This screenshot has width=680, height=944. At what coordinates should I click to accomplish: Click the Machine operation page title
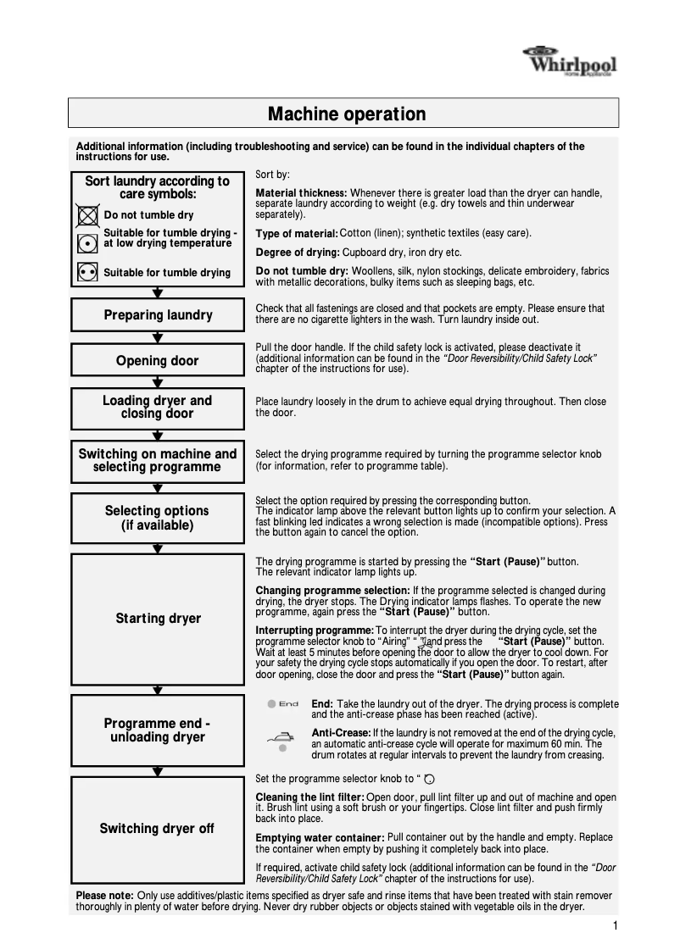[346, 114]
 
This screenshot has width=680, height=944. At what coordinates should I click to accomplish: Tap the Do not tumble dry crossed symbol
[87, 215]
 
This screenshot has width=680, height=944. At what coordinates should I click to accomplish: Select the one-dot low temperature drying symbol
[87, 241]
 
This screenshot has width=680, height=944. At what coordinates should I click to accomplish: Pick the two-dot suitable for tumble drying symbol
[87, 272]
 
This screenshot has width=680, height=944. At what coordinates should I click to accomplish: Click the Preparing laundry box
[158, 315]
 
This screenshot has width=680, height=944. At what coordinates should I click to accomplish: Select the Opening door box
[158, 361]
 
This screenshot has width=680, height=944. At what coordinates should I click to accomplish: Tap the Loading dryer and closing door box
[158, 407]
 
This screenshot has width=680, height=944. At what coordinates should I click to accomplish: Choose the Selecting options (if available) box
[158, 518]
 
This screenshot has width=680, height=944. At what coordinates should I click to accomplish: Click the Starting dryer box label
[158, 619]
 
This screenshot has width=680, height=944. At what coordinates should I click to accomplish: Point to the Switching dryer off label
[157, 829]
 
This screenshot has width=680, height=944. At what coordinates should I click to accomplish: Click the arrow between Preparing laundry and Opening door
[158, 337]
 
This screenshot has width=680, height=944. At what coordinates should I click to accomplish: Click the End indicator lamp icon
[271, 703]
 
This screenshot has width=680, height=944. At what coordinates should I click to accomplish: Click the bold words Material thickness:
[301, 193]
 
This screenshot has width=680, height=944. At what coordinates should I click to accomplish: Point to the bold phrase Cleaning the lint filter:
[309, 797]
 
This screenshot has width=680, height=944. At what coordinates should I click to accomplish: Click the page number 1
[614, 925]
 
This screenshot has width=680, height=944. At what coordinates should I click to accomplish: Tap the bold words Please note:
[104, 896]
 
